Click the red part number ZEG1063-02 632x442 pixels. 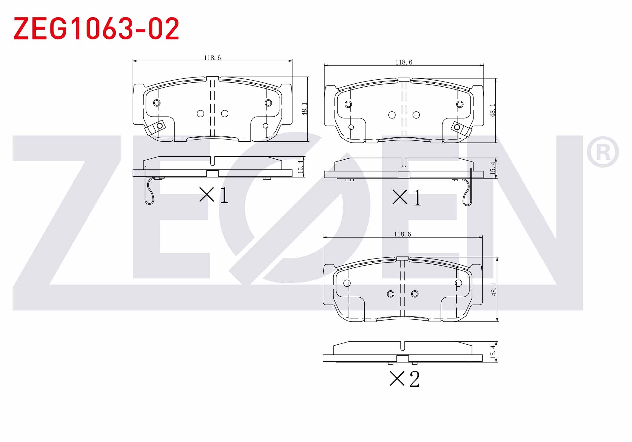[x=96, y=29]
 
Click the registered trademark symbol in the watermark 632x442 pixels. [x=603, y=152]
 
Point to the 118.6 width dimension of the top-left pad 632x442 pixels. [x=212, y=58]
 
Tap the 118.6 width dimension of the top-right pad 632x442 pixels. [x=404, y=62]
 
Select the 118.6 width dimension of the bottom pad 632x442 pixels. [x=402, y=234]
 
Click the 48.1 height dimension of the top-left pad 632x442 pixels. [x=304, y=109]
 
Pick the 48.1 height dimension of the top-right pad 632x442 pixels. [x=493, y=110]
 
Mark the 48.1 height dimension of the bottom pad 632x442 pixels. [x=494, y=289]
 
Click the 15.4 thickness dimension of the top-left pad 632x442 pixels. [x=301, y=167]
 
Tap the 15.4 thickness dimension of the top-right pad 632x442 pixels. [x=493, y=168]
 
